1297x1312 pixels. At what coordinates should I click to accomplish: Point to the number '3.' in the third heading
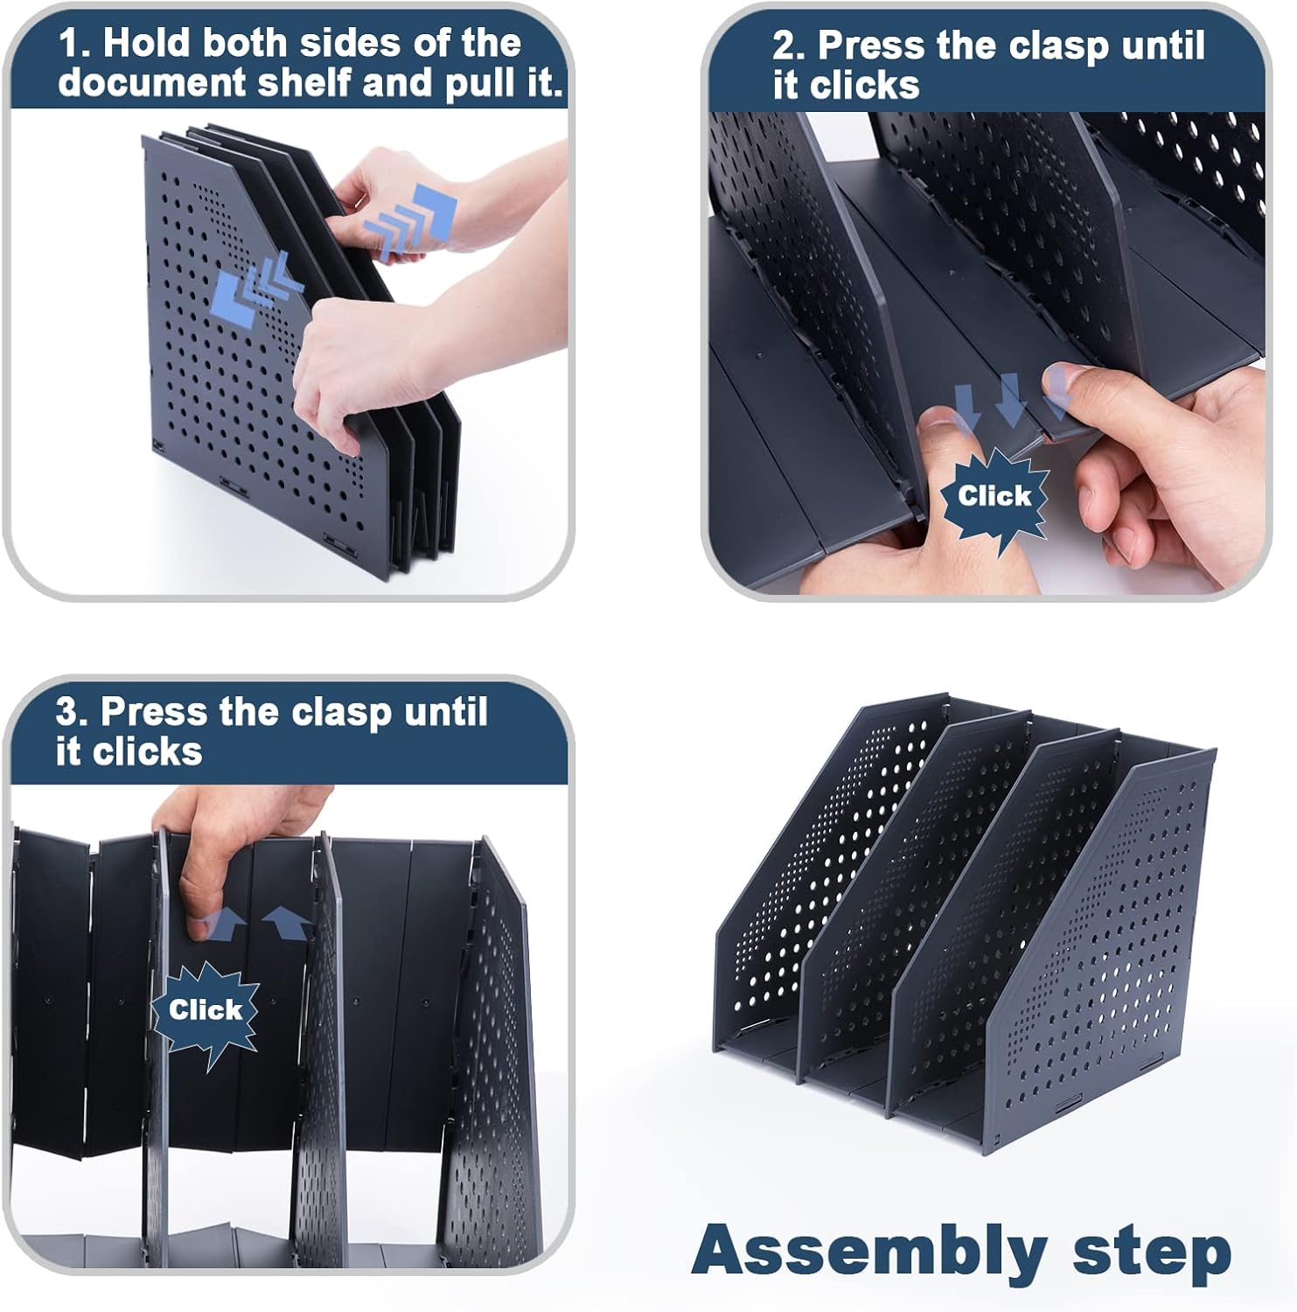(73, 711)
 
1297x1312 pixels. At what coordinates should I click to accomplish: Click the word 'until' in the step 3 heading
(446, 711)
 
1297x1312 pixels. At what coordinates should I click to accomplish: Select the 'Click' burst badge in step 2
(994, 497)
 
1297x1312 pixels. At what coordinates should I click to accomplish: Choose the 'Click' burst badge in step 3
(206, 1011)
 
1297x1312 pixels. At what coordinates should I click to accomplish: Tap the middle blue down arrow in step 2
(1011, 401)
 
